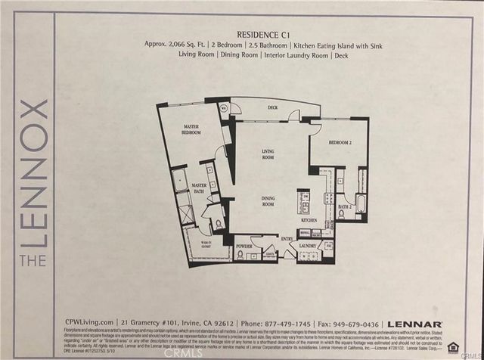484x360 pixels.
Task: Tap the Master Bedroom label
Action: tap(191, 129)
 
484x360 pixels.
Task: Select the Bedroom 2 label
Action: tap(340, 141)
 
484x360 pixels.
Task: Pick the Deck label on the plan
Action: tap(273, 107)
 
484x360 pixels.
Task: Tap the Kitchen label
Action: tap(309, 219)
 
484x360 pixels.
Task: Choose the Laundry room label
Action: tap(309, 245)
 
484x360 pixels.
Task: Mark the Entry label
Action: tap(287, 238)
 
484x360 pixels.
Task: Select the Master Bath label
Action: tap(199, 188)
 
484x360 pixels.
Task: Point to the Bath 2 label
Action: tap(345, 206)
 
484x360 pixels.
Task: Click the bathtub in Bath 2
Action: tap(361, 203)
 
